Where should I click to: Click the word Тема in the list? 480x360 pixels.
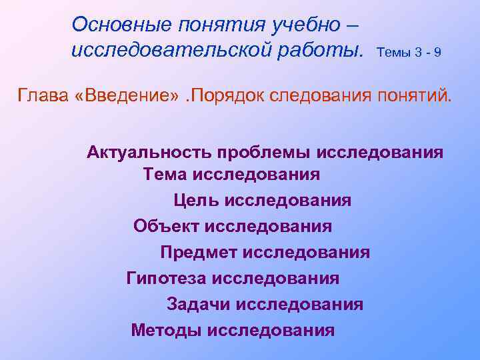click(165, 175)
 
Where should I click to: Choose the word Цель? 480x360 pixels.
click(197, 200)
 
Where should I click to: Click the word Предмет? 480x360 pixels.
click(198, 253)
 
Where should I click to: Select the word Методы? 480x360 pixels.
click(167, 330)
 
